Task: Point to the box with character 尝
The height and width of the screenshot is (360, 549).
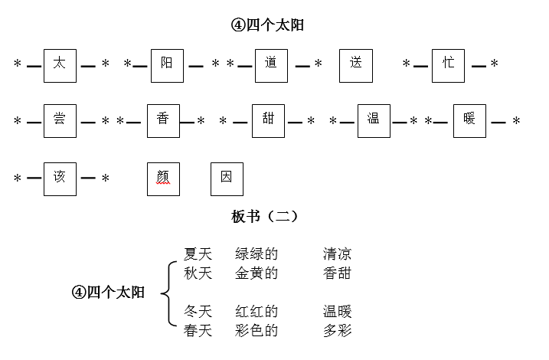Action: tap(60, 121)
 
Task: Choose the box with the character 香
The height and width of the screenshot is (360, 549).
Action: tap(163, 121)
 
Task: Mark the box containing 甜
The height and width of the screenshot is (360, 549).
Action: tap(268, 121)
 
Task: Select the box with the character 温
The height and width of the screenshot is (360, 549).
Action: tap(374, 121)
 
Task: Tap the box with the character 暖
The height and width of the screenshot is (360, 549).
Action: tap(469, 121)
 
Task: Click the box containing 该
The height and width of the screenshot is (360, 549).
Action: tap(60, 178)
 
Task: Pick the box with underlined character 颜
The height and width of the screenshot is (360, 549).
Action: tap(163, 178)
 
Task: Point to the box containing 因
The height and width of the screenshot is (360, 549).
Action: tap(227, 178)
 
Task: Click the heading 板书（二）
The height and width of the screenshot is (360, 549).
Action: tap(264, 217)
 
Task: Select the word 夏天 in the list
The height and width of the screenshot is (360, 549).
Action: tap(198, 254)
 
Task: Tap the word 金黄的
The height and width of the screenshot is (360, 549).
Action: tap(257, 273)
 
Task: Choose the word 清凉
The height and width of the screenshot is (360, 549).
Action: tap(337, 254)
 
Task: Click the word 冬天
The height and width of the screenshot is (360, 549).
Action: tap(198, 312)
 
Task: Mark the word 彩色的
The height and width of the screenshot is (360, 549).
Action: tap(257, 330)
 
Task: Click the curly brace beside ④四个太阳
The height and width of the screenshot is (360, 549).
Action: tap(168, 292)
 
